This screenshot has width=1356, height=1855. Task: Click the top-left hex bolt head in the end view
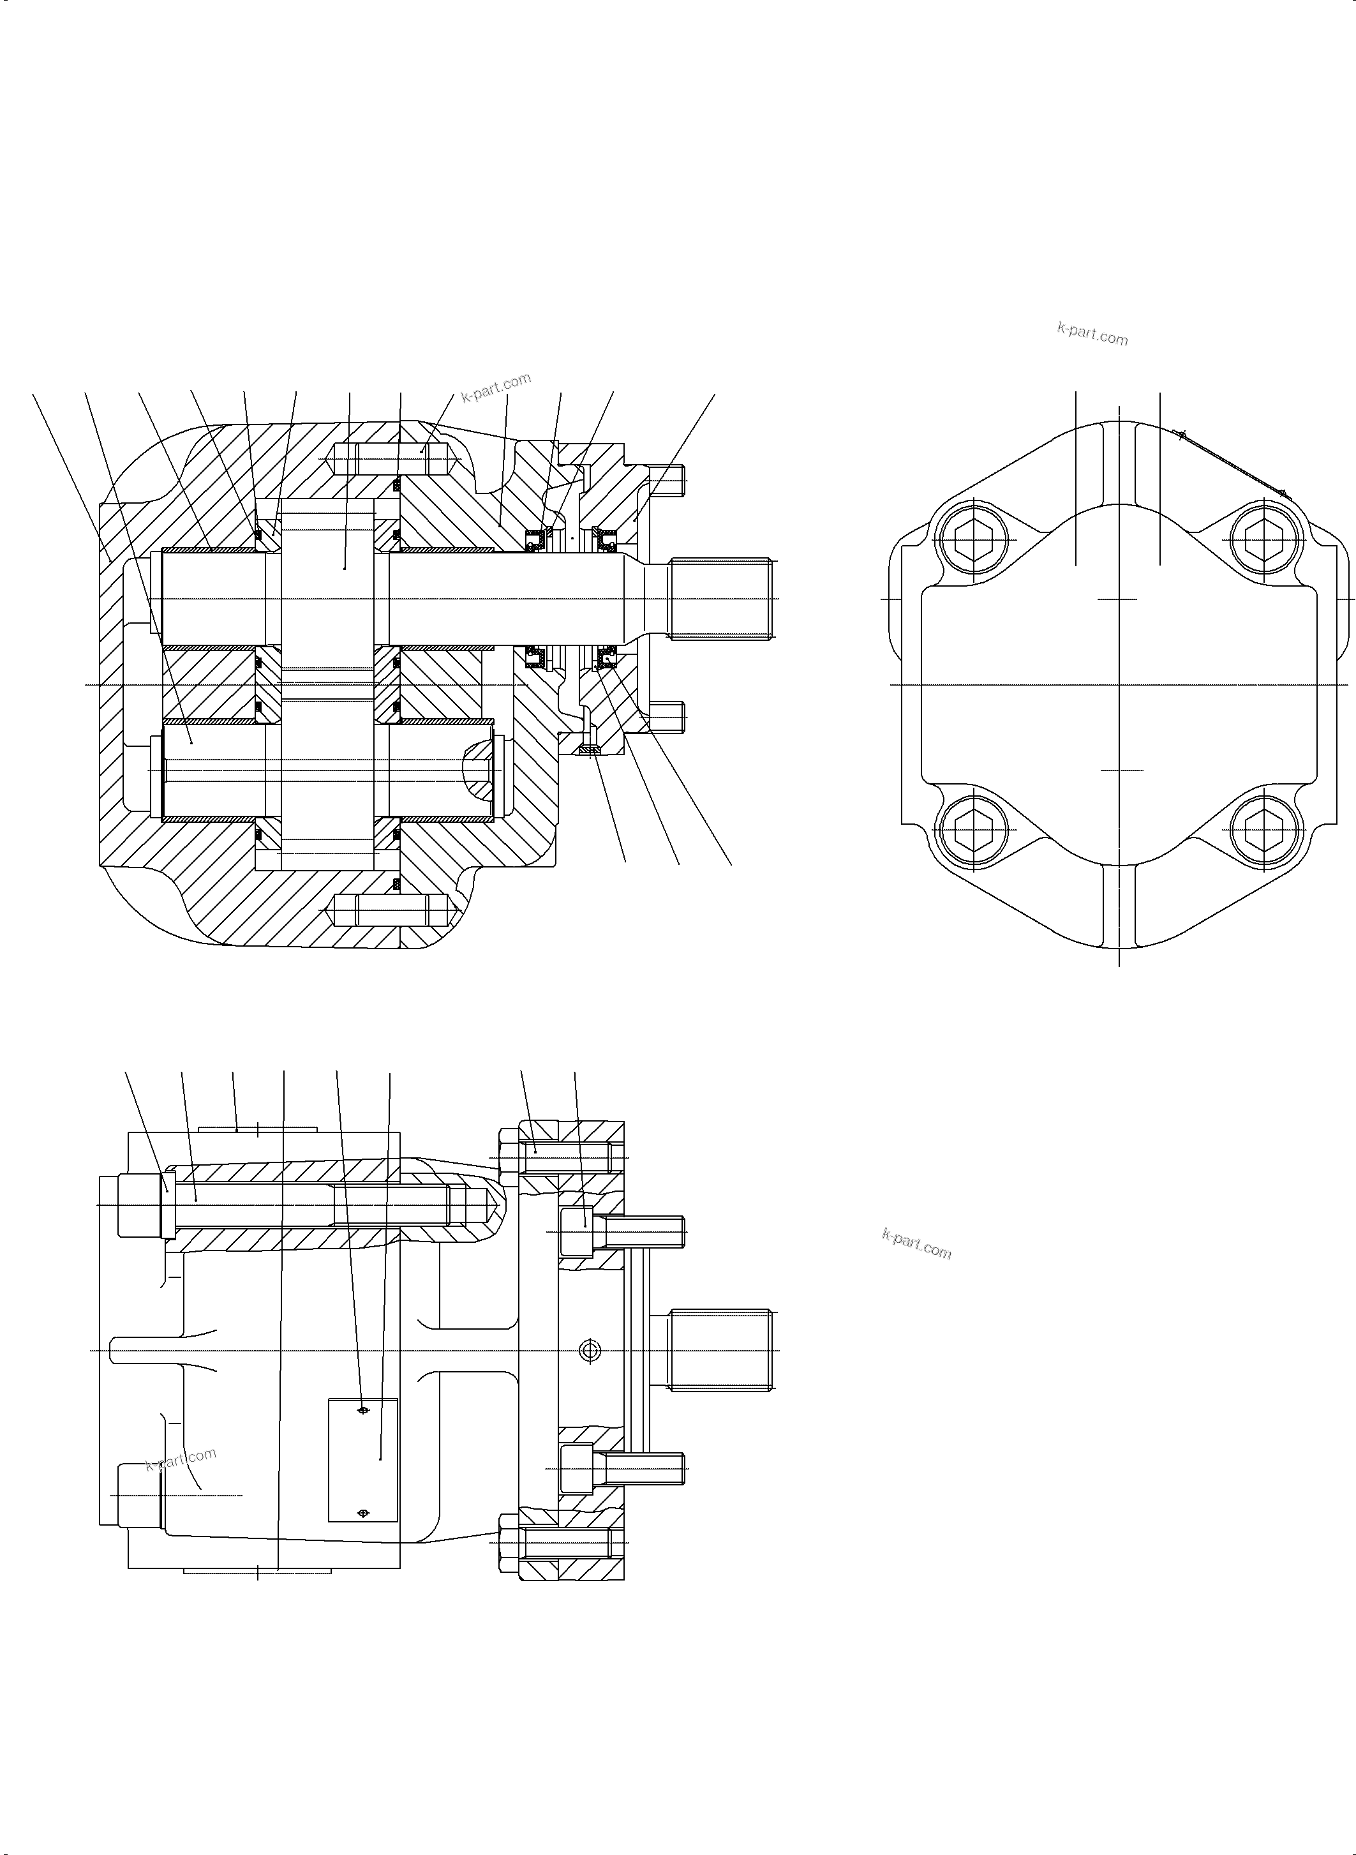pyautogui.click(x=972, y=540)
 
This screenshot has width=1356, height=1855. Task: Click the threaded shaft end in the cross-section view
pyautogui.click(x=720, y=599)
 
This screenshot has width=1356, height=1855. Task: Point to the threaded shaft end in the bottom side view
pyautogui.click(x=720, y=1350)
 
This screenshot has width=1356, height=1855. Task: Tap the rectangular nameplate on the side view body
pyautogui.click(x=363, y=1460)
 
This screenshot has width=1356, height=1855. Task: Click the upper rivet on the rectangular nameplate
pyautogui.click(x=364, y=1411)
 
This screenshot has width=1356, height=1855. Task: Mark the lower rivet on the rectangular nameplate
pyautogui.click(x=364, y=1513)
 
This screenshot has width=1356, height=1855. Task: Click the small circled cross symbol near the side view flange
pyautogui.click(x=590, y=1350)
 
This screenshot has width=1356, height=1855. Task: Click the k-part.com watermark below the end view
pyautogui.click(x=916, y=1245)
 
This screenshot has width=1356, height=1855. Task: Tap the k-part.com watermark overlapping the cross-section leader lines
pyautogui.click(x=496, y=387)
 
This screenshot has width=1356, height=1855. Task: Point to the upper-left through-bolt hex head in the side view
pyautogui.click(x=138, y=1205)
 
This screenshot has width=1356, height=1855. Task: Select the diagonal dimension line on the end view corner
pyautogui.click(x=1231, y=464)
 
